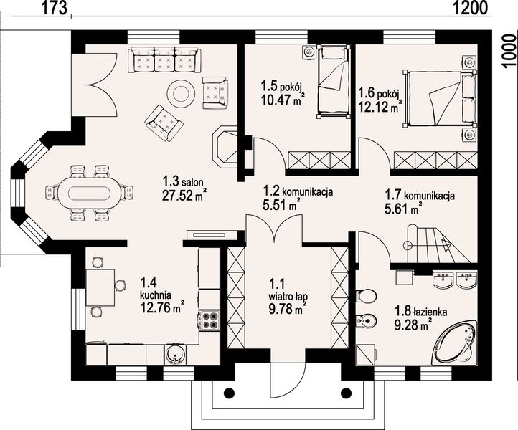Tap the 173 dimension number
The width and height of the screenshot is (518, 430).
click(55, 8)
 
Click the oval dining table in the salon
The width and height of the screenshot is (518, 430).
click(88, 193)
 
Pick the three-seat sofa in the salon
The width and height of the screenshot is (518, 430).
click(164, 59)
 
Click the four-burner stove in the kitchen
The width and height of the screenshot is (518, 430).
click(209, 320)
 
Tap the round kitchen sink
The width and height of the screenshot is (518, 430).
click(175, 355)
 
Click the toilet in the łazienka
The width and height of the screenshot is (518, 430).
click(366, 295)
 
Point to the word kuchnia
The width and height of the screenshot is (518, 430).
click(155, 294)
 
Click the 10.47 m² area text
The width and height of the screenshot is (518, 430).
click(282, 100)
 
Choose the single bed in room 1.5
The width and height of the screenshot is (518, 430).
click(332, 82)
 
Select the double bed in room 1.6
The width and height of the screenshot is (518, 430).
click(439, 98)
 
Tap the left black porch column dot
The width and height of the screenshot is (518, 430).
click(229, 393)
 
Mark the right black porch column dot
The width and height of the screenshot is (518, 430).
click(346, 393)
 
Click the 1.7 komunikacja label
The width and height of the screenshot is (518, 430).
click(420, 195)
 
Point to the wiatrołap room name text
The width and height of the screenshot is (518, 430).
click(288, 296)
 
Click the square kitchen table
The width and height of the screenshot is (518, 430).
click(100, 287)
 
